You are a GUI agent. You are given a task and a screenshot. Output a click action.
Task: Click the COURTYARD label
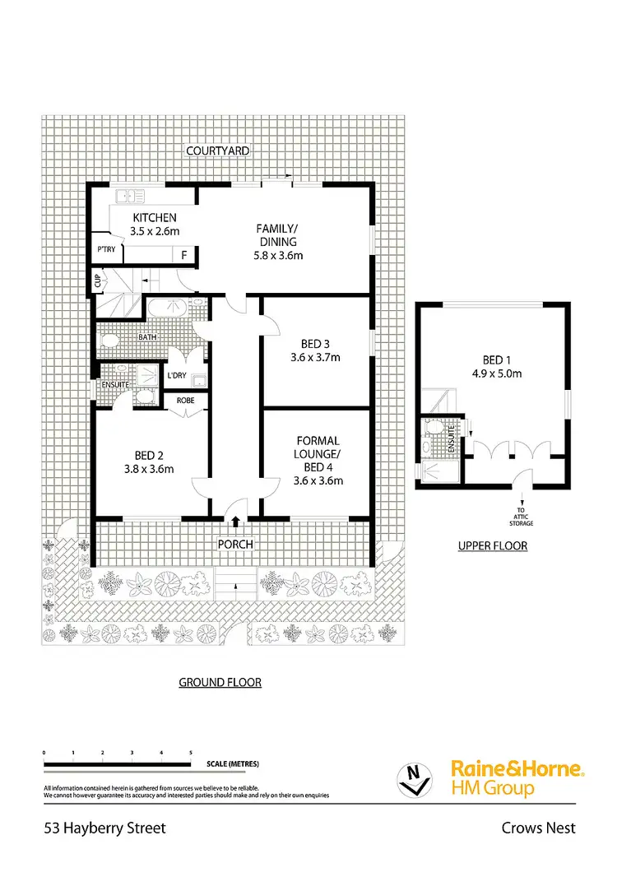tap(218, 151)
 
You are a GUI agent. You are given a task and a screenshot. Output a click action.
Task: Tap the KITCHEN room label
tap(155, 218)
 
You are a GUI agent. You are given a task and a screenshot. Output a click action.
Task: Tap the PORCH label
tap(235, 545)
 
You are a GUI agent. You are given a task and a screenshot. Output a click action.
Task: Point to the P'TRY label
tap(105, 248)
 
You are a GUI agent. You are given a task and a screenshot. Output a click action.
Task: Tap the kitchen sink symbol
tap(131, 196)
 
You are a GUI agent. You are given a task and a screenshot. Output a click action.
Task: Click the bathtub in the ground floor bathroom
tap(169, 309)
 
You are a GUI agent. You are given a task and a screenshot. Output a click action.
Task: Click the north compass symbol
tap(415, 777)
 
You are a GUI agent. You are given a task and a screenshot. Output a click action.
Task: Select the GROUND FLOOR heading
tap(220, 682)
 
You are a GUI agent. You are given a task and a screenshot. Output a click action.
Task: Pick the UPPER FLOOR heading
tap(493, 545)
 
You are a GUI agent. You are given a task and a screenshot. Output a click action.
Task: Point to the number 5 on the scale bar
tap(191, 753)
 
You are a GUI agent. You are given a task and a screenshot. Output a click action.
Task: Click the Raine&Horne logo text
tap(517, 769)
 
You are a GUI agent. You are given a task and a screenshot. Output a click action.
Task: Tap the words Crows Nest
tap(539, 828)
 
